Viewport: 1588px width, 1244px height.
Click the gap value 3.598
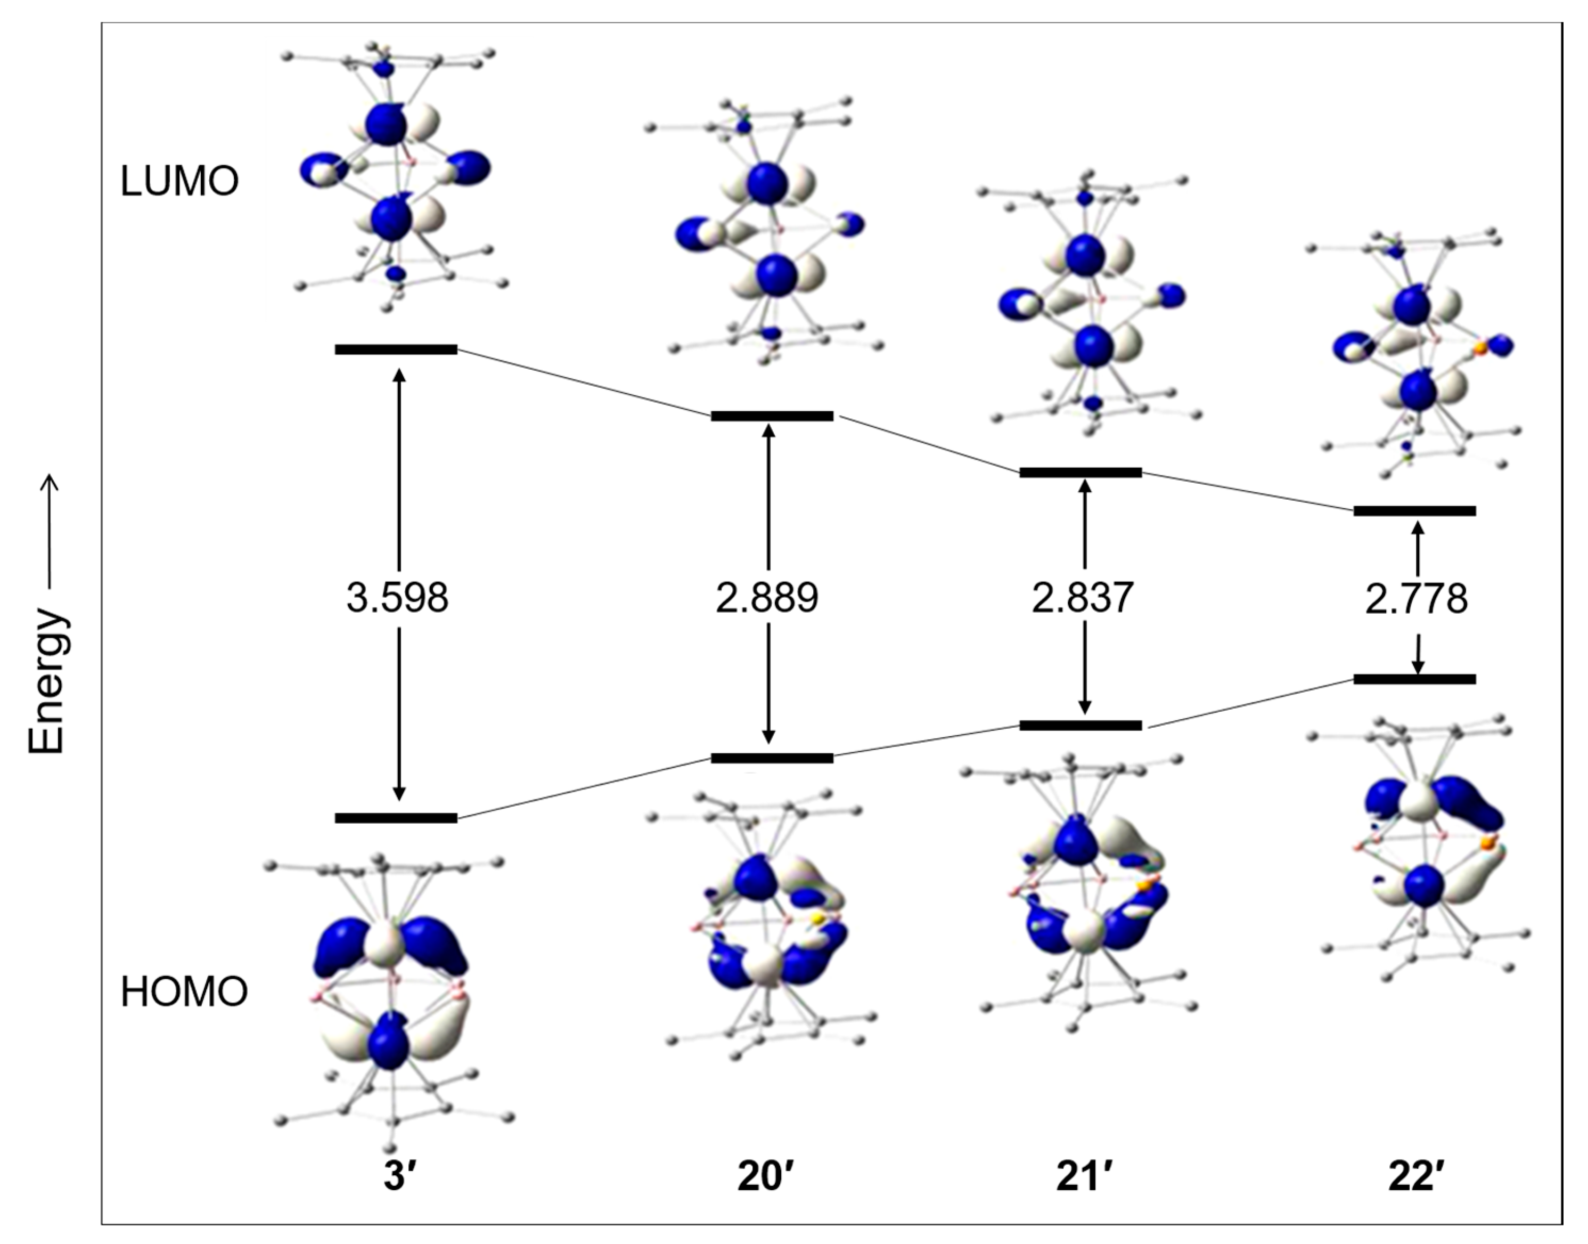(397, 598)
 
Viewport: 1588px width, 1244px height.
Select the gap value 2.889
(767, 598)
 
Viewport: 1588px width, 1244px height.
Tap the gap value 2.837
(1083, 598)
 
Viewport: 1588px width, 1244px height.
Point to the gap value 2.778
(1416, 599)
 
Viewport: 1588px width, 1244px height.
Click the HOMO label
(184, 993)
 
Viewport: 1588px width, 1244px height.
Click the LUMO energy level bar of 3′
(396, 349)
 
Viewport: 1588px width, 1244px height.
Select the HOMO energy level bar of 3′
(396, 818)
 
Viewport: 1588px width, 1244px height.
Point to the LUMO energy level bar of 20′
(772, 417)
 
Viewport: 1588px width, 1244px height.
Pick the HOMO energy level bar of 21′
(1081, 726)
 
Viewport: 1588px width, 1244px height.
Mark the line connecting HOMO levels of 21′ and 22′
(1249, 703)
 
